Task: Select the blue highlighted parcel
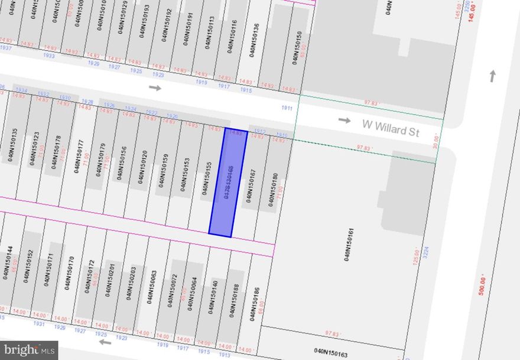click(228, 181)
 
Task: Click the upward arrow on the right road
click(492, 76)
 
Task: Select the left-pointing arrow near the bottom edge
click(105, 342)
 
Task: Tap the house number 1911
click(287, 108)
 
